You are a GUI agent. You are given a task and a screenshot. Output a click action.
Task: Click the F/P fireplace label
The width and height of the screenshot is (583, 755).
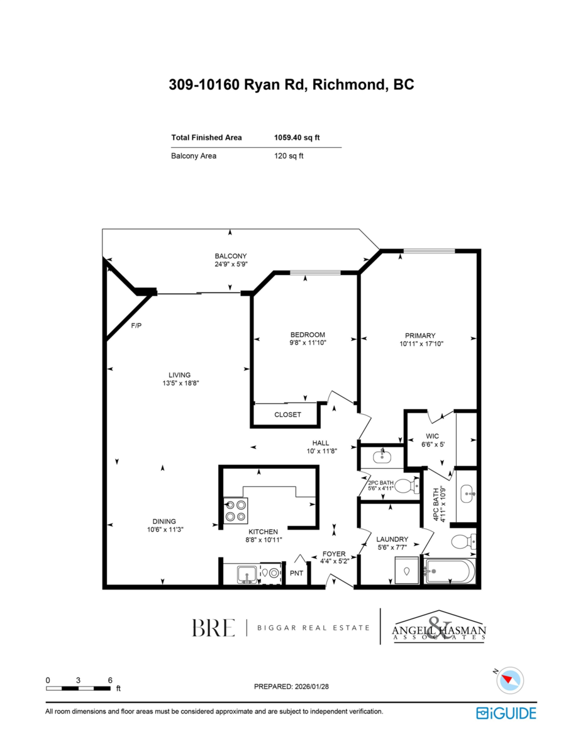pos(135,326)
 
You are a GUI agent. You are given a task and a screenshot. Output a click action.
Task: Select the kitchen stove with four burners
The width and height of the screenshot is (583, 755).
pos(236,510)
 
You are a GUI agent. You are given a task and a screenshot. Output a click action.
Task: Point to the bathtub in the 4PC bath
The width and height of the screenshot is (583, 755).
pos(450,571)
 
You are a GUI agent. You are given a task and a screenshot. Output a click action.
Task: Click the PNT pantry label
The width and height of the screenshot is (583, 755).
pos(296,573)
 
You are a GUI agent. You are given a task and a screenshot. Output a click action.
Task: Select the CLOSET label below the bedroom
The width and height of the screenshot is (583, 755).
pos(287,415)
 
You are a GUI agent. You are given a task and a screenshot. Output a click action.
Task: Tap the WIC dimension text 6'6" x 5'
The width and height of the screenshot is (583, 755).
pos(433,444)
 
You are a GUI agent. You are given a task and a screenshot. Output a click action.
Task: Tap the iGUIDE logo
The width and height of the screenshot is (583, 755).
pos(506,713)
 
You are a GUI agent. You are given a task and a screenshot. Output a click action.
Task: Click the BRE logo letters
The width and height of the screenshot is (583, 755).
pos(213,627)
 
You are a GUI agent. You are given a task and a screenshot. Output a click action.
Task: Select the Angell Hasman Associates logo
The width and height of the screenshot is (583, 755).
pos(438,628)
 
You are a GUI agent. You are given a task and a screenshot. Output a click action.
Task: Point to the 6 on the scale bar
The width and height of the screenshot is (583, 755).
pos(110,680)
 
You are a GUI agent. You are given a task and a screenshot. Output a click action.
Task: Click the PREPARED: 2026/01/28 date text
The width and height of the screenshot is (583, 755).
pos(291,686)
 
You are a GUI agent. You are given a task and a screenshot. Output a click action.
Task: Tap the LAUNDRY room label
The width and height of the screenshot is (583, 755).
pos(392,539)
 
